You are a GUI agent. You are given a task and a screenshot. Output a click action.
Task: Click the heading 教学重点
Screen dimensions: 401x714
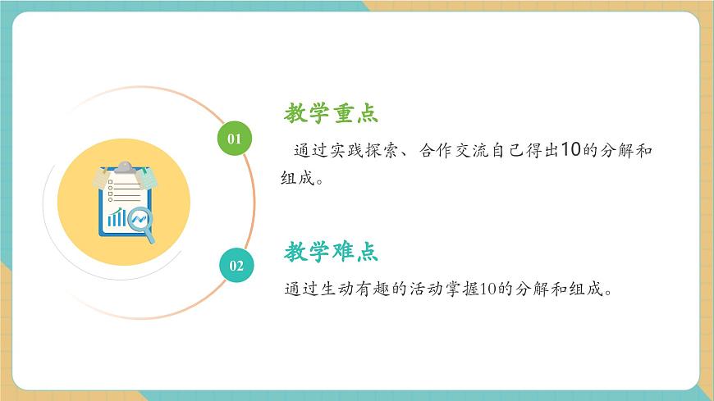(332, 113)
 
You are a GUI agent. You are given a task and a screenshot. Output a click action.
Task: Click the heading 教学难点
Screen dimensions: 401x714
(332, 252)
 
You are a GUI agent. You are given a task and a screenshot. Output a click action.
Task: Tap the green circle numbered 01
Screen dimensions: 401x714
(235, 138)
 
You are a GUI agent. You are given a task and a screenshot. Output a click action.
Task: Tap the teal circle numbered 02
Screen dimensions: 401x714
(236, 265)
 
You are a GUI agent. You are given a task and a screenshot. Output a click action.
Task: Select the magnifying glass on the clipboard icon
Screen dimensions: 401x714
(143, 221)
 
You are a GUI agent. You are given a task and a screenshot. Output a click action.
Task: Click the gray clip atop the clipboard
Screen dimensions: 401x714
(124, 167)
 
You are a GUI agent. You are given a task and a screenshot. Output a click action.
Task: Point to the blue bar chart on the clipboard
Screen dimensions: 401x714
(117, 217)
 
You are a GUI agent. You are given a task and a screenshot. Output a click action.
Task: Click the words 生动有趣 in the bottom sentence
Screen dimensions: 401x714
(364, 289)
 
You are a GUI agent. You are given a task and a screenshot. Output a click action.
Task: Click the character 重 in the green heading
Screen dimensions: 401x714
(343, 113)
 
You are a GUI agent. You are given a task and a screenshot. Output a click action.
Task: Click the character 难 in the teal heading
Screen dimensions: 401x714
(343, 252)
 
